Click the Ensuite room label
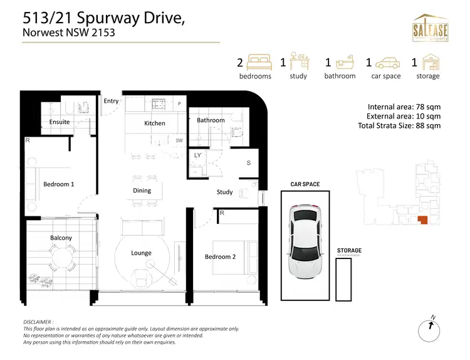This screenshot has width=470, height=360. [x=60, y=122]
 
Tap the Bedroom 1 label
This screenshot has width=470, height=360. [x=59, y=184]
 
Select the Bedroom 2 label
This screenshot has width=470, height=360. [x=220, y=257]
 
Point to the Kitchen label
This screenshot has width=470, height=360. [x=155, y=124]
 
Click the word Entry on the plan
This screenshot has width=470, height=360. [x=111, y=101]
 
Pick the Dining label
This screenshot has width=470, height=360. [x=142, y=190]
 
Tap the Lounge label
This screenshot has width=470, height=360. [x=141, y=253]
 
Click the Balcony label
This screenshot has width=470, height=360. [x=61, y=238]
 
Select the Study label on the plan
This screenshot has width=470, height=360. [x=225, y=192]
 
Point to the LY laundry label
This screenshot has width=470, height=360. [x=197, y=154]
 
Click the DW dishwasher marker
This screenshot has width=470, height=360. [x=179, y=141]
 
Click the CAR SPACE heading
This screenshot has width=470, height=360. [x=305, y=184]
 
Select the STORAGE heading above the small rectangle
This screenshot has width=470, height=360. [x=349, y=250]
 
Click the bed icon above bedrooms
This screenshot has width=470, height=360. [x=258, y=63]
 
